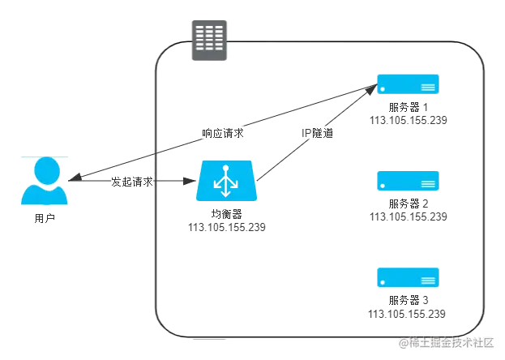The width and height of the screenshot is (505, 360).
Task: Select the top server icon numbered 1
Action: click(409, 84)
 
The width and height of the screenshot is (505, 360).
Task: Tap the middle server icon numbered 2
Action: click(409, 180)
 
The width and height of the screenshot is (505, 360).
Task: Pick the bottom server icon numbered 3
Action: click(409, 277)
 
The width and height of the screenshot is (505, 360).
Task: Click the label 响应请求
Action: click(223, 131)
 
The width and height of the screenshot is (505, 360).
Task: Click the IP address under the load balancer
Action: click(225, 228)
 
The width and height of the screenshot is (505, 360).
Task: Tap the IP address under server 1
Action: click(409, 120)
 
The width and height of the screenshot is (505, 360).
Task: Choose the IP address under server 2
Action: click(409, 216)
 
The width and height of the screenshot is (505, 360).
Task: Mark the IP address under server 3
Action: click(409, 314)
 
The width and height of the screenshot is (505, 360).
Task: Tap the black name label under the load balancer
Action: click(225, 215)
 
